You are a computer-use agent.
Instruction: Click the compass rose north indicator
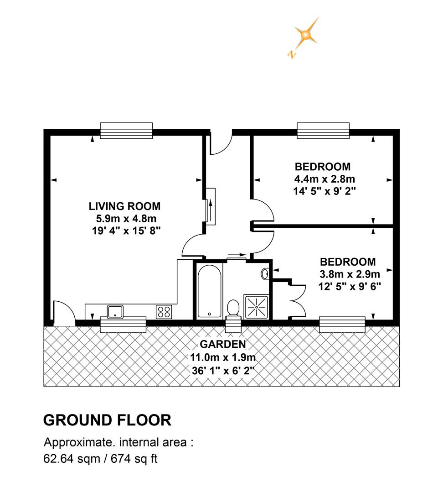click(x=304, y=36)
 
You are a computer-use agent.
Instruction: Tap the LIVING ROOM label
click(x=124, y=206)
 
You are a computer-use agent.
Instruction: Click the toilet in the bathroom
click(x=234, y=308)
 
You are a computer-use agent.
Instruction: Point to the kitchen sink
click(x=115, y=312)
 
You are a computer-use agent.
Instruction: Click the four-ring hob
click(x=164, y=312)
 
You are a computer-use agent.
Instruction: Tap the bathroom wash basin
click(x=265, y=274)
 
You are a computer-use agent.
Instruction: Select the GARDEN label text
click(x=222, y=344)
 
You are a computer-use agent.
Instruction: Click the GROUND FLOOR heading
click(x=107, y=420)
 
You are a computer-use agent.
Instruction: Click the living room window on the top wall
click(x=126, y=131)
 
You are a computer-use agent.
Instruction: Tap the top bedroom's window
click(x=323, y=131)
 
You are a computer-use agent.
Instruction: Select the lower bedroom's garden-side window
click(x=342, y=325)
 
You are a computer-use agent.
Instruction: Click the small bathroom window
click(x=233, y=325)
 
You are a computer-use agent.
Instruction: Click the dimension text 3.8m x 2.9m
click(x=350, y=274)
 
